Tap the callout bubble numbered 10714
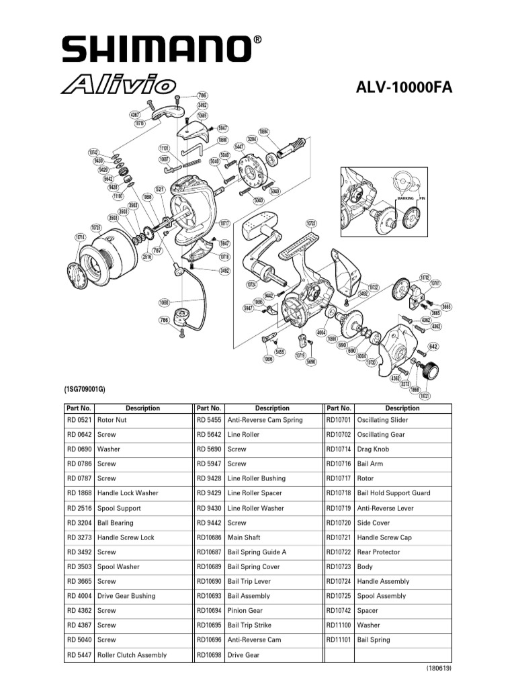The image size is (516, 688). [81, 238]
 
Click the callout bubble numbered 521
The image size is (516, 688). [160, 190]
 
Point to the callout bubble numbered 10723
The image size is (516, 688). [311, 223]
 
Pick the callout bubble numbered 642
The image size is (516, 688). [433, 347]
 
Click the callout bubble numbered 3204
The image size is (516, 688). [253, 139]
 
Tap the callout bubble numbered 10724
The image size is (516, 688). [253, 284]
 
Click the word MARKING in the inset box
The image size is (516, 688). [405, 199]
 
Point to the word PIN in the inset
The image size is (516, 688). [422, 199]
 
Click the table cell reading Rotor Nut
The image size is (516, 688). [112, 420]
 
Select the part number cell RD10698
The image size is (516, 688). [208, 655]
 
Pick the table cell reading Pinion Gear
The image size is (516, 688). [245, 611]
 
